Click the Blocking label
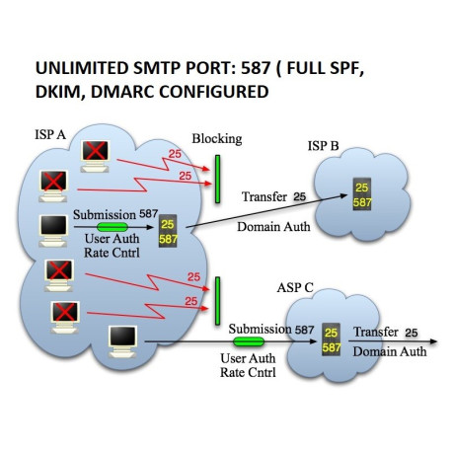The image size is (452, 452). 217,137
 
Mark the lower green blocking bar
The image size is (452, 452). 215,300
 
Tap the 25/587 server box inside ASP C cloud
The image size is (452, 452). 331,339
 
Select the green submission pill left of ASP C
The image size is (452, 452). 249,343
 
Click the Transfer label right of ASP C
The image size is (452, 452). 376,332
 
